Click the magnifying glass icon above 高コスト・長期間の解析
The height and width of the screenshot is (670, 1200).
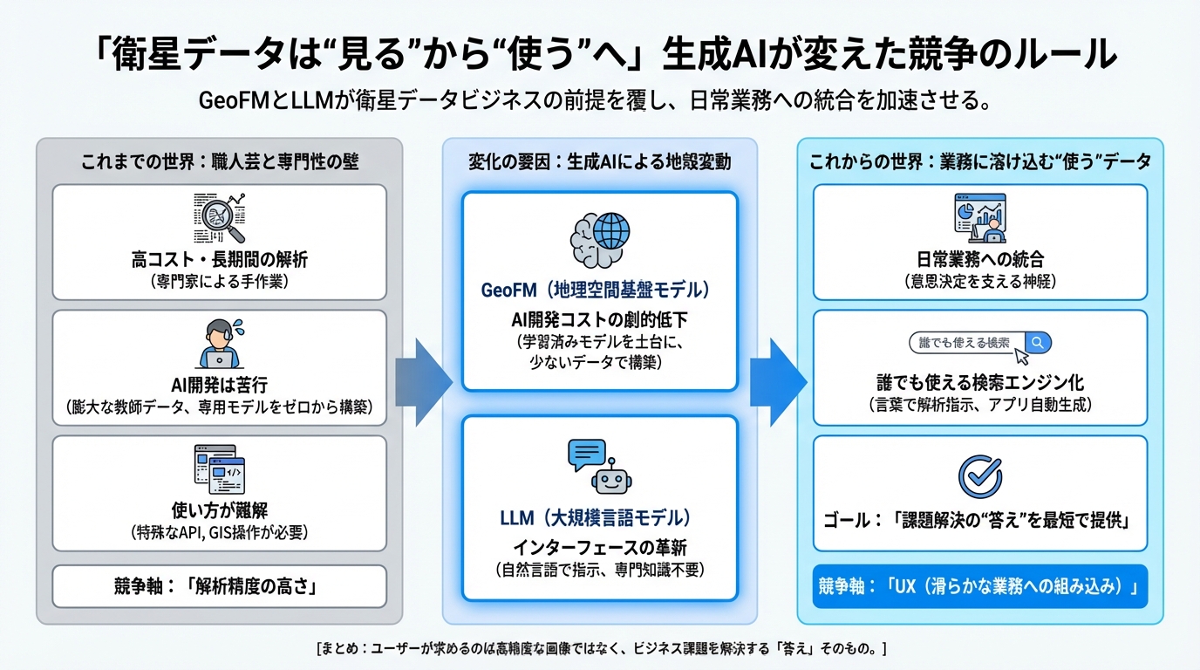pos(219,217)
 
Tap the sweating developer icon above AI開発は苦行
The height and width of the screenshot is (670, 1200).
pos(219,343)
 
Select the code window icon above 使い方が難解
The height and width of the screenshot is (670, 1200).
pos(219,469)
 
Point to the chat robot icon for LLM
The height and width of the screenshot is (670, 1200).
pos(599,466)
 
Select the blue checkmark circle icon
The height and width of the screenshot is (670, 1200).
pos(980,475)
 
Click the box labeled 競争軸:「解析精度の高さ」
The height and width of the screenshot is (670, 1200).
pos(219,586)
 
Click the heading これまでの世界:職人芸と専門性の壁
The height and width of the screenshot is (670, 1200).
pos(219,161)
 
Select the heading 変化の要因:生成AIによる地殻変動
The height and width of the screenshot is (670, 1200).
pos(599,161)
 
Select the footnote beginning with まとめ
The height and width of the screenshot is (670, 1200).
pos(601,649)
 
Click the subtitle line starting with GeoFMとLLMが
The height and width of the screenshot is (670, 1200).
pos(599,100)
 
